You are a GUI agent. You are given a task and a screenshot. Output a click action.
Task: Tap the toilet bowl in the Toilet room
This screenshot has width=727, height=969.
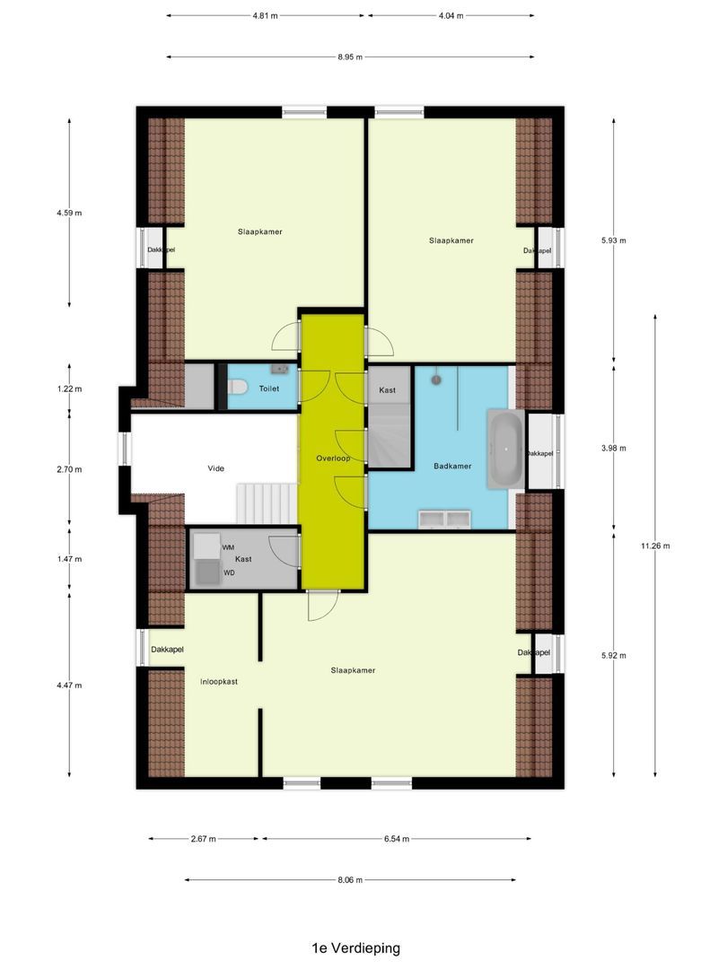238,388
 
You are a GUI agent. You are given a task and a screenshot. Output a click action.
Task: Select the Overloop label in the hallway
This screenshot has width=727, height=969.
333,458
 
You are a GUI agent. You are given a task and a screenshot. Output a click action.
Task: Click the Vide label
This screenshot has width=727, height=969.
215,467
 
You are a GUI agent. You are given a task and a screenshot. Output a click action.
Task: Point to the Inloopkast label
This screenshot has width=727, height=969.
218,682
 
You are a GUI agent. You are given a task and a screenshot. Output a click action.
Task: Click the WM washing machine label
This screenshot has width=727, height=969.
229,547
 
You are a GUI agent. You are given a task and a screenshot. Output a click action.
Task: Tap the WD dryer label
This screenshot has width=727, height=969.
229,572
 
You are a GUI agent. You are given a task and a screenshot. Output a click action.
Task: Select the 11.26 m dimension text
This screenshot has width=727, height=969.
655,546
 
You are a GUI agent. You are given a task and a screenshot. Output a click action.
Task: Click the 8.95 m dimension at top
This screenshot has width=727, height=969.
350,57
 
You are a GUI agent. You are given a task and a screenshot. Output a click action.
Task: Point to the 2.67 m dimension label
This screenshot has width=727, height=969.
204,839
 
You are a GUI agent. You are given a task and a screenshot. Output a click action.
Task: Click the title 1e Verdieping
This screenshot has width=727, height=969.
355,947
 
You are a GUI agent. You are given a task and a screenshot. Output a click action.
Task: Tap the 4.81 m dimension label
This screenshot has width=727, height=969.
265,16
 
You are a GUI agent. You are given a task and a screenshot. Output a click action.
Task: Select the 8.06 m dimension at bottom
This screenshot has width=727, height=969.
350,880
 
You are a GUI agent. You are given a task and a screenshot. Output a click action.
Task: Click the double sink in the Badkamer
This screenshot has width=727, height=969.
446,518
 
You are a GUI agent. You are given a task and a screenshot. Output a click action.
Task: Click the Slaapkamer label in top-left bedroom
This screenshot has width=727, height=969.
260,231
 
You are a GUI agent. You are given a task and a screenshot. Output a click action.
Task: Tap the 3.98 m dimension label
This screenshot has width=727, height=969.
615,448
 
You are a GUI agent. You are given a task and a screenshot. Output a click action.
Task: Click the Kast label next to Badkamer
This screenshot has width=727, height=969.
388,390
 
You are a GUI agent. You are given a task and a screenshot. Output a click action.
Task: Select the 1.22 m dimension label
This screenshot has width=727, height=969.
70,389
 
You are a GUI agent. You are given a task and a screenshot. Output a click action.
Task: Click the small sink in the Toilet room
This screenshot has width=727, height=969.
282,368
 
